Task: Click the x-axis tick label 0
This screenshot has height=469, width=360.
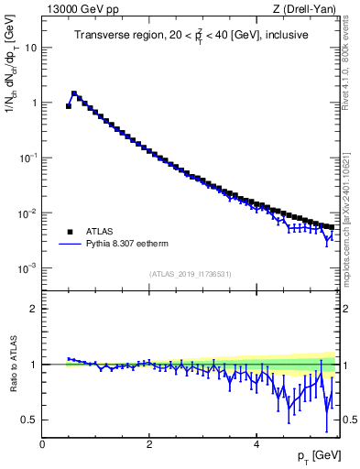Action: (x=42, y=444)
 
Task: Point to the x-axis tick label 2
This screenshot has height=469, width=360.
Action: (x=149, y=444)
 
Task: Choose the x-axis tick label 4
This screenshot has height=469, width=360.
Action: (x=256, y=444)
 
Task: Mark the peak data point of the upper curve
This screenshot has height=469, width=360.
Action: (x=74, y=93)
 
